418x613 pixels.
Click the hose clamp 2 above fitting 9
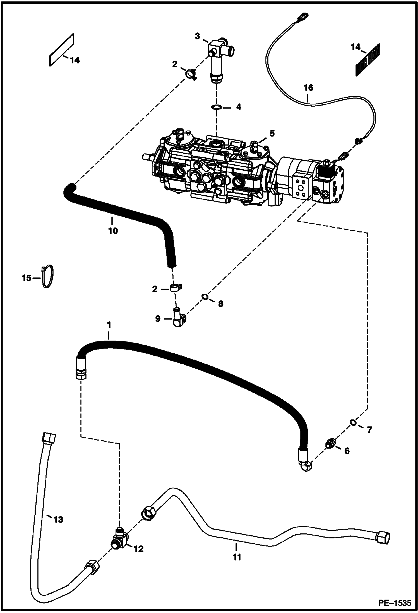(x=175, y=288)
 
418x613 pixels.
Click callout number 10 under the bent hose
(x=113, y=231)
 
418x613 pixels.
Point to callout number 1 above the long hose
(x=109, y=325)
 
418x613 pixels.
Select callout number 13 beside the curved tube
(x=58, y=519)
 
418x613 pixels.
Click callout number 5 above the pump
(x=272, y=133)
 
